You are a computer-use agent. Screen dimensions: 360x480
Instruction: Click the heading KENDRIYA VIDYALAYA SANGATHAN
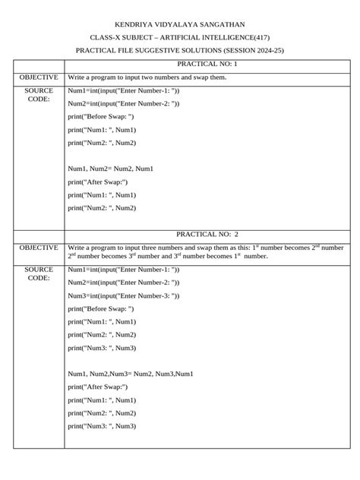pos(179,24)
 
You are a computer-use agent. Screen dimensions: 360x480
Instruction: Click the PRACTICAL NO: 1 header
pos(207,65)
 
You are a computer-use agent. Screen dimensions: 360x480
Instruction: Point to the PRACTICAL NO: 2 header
pos(207,235)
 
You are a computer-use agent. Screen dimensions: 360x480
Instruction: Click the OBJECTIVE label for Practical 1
pos(39,77)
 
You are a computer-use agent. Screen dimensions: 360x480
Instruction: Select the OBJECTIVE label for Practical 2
pos(39,248)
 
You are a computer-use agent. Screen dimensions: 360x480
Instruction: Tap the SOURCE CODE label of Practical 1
pos(39,95)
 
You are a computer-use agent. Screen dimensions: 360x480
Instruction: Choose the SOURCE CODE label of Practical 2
pos(39,273)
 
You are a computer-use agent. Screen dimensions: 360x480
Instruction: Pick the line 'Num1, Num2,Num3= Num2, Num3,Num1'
pos(131,374)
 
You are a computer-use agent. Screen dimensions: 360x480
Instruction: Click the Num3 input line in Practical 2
pos(123,295)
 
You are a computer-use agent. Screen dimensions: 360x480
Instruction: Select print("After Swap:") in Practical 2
pos(98,387)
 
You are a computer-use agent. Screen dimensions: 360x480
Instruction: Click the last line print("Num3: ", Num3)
pos(102,426)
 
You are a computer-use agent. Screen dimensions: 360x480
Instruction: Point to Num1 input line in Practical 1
pos(123,90)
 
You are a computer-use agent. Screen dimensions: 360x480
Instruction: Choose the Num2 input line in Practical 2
pos(123,283)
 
